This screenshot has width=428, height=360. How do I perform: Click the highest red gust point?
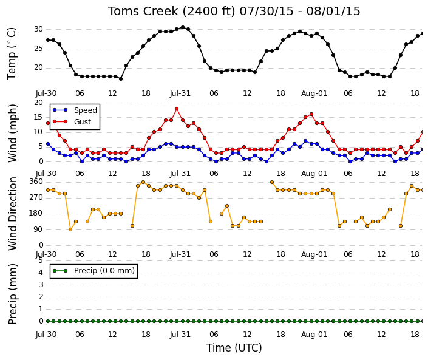pos(177,109)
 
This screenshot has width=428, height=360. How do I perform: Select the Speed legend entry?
pos(75,110)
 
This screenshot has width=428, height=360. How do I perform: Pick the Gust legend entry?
pos(72,122)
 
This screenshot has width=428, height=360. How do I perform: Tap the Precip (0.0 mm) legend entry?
pos(93,271)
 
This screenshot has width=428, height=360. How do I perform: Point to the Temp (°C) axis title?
pos(12,54)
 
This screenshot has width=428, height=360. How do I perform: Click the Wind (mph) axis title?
pos(12,133)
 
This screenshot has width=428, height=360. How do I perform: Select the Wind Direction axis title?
pos(12,214)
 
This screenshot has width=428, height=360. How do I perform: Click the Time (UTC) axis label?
pos(234,348)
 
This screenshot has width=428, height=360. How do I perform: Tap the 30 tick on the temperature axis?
pos(38,29)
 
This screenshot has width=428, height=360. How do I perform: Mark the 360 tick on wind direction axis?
pos(36,182)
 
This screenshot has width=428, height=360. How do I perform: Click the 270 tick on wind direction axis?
pos(36,197)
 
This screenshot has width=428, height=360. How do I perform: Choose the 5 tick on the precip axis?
pos(41,260)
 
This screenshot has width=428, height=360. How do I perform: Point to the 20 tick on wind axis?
pos(38,103)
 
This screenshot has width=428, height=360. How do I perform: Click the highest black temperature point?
pos(183,27)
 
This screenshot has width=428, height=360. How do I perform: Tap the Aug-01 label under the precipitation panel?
pos(314,335)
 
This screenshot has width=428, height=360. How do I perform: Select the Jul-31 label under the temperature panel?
pos(180,93)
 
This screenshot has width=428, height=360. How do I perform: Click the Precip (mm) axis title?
pos(12,294)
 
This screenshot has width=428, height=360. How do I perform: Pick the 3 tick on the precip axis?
pos(41,285)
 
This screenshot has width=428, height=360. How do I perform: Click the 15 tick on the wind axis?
pos(38,117)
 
